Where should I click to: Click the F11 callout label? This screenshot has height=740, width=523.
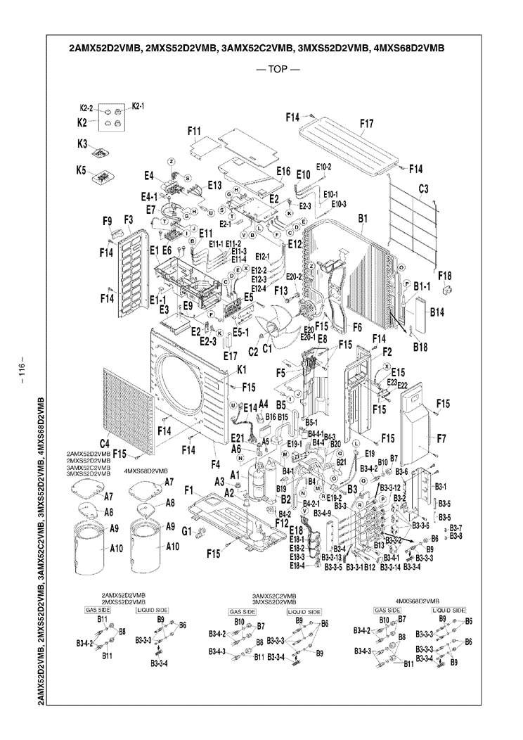[194, 131]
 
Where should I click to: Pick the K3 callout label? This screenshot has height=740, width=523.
[83, 145]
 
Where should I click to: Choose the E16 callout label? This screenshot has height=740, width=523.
[283, 171]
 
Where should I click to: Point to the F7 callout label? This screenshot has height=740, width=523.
[441, 439]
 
